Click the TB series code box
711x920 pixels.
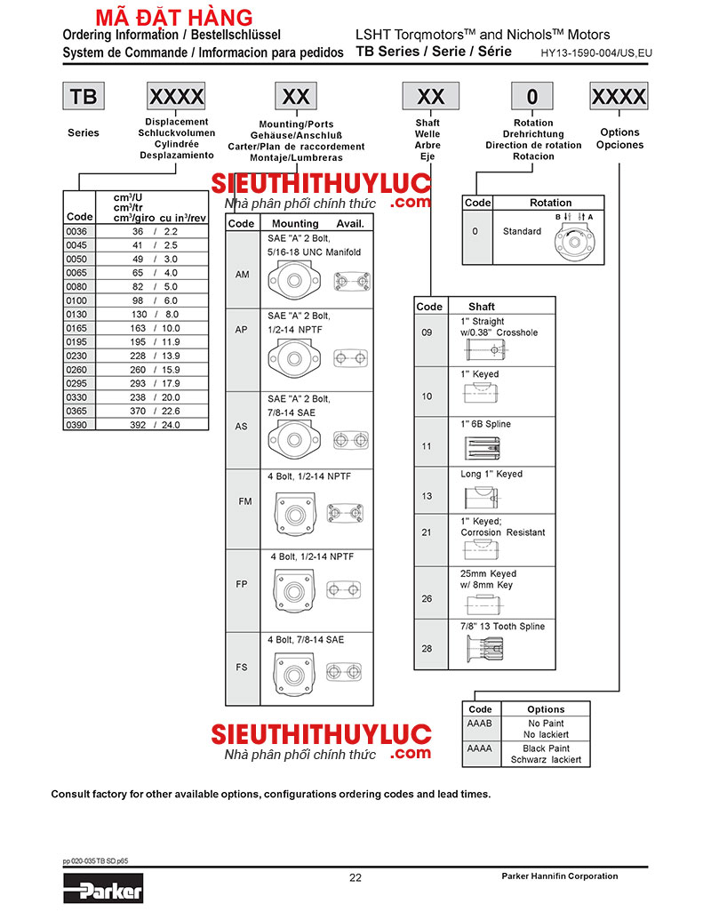point(83,96)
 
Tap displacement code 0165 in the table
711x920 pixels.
point(76,328)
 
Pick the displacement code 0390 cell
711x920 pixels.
point(76,425)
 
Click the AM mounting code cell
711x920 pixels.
point(242,275)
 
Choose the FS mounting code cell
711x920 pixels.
point(242,668)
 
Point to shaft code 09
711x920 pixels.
point(427,332)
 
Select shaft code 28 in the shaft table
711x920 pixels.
point(427,649)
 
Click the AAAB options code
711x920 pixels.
point(480,724)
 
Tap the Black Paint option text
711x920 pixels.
point(546,748)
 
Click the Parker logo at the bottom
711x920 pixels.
point(103,886)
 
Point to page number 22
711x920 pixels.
point(355,878)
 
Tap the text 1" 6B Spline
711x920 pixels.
point(485,425)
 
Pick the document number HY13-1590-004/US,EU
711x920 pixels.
point(596,53)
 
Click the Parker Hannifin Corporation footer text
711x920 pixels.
point(560,876)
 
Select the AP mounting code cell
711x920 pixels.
point(242,329)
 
